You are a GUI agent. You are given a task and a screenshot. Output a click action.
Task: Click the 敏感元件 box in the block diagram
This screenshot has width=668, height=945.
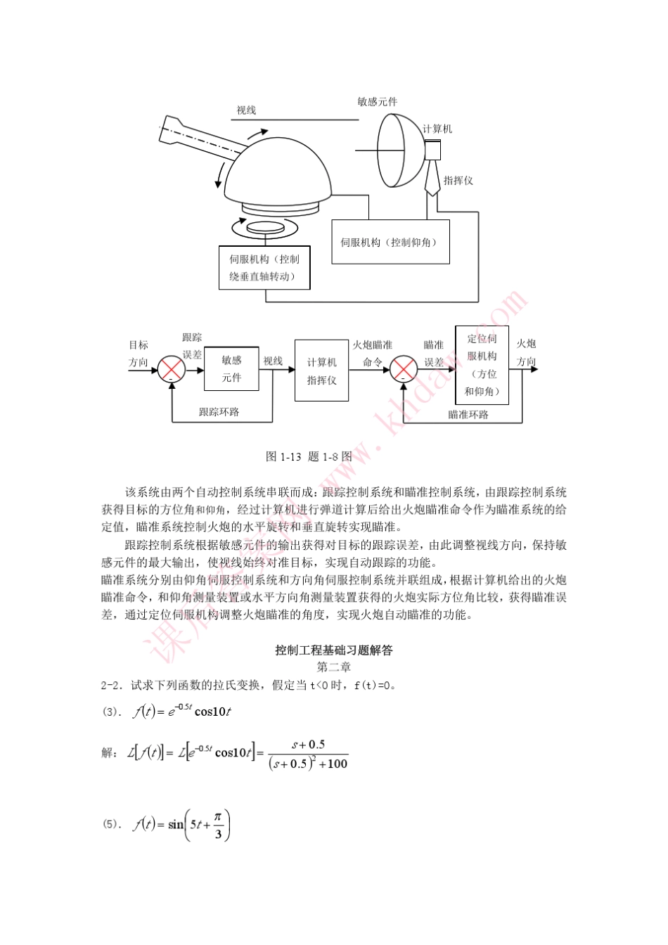231,369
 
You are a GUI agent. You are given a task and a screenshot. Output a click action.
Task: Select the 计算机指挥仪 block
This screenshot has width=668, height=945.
321,371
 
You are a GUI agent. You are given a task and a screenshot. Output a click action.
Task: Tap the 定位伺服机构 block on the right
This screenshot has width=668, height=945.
482,365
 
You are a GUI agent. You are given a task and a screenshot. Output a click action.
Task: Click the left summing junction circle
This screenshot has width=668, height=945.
172,369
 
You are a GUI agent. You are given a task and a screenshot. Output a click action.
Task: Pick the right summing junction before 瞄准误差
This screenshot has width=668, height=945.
404,369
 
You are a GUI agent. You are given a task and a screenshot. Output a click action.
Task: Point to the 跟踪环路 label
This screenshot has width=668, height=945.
219,412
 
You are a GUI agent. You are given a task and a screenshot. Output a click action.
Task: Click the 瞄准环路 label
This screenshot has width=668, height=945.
468,415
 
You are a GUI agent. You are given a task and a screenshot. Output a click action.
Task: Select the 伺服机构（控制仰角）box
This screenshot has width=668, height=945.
390,243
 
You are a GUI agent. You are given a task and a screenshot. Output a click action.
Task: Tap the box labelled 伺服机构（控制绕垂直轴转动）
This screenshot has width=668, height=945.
264,268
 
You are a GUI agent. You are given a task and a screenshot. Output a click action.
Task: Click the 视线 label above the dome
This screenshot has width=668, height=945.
246,110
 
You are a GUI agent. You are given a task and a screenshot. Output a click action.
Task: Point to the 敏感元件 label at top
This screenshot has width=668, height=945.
377,102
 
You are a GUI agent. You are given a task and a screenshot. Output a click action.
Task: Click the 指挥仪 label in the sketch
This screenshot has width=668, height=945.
458,181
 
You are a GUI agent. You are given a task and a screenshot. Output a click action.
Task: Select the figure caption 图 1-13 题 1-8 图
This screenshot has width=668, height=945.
309,456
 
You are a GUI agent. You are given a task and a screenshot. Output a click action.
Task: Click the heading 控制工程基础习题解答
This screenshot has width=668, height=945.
333,650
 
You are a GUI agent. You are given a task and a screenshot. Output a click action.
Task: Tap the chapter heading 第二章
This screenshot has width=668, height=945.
333,667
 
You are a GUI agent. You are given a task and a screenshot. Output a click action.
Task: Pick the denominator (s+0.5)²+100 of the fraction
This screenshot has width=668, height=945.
308,764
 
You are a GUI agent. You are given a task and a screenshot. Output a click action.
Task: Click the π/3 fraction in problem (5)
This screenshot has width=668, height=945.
218,825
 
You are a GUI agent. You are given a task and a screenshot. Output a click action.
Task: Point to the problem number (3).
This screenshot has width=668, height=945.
110,712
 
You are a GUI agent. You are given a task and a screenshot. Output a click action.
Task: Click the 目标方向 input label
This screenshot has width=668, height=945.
139,354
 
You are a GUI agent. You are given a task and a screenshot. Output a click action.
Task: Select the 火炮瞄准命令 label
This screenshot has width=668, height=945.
373,354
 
